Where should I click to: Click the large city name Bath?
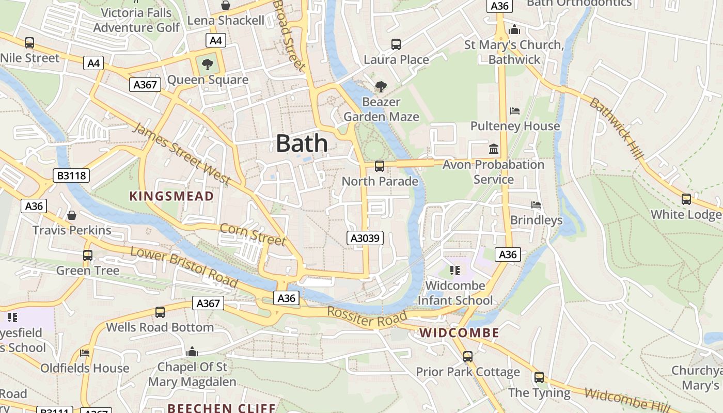[x=302, y=143]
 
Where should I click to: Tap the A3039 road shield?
[x=365, y=238]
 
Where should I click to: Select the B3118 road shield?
[x=71, y=176]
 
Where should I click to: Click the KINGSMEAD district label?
[x=171, y=196]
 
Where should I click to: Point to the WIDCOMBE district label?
[x=459, y=333]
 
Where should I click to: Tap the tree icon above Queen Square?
[x=208, y=65]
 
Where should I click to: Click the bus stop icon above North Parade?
[x=379, y=166]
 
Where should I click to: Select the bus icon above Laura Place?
[x=396, y=44]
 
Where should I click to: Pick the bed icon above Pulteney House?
[x=514, y=110]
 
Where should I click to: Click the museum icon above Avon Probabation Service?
[x=494, y=149]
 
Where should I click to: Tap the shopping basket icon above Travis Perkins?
[x=72, y=215]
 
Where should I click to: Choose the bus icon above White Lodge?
[x=686, y=199]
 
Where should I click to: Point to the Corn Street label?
[x=253, y=234]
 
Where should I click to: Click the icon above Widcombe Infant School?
[x=455, y=270]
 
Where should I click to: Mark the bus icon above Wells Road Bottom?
[x=160, y=312]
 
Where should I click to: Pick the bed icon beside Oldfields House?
[x=85, y=353]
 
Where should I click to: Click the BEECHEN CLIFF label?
[x=222, y=408]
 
